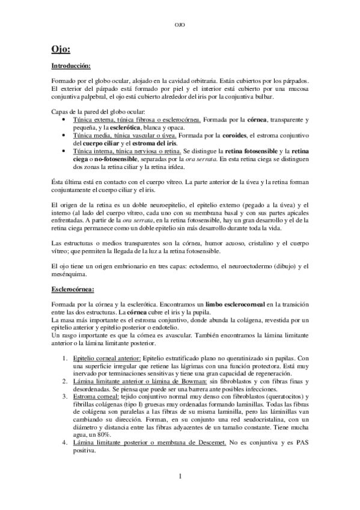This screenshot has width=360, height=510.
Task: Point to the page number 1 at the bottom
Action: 180,476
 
